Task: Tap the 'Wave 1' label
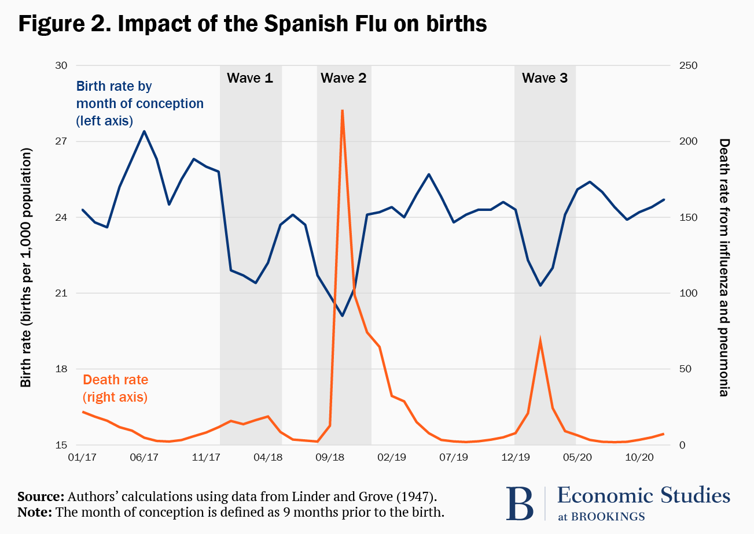click(250, 78)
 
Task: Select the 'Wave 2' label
click(344, 78)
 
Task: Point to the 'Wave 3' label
click(545, 78)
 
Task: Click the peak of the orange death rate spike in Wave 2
click(343, 110)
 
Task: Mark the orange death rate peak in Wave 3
click(540, 342)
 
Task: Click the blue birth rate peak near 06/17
click(144, 131)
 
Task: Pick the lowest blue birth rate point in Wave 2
click(343, 316)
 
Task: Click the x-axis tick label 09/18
click(330, 457)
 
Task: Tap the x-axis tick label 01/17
click(82, 457)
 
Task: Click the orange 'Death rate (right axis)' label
click(116, 388)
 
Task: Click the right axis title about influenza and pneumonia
click(723, 267)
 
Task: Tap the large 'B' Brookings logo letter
click(520, 503)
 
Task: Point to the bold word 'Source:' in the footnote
click(41, 497)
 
